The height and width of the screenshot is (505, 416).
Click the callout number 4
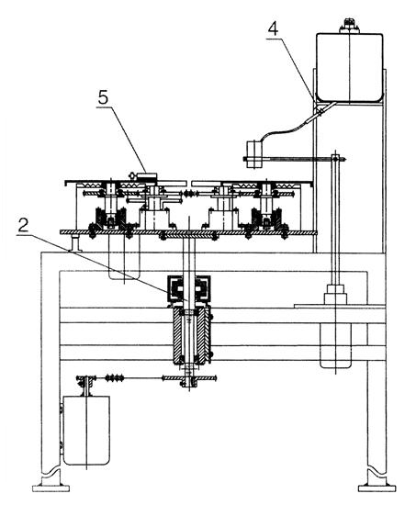coord(273,29)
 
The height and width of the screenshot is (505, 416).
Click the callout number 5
coord(103,97)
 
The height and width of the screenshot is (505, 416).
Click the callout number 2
coord(23,226)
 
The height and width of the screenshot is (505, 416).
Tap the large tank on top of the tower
coord(349,68)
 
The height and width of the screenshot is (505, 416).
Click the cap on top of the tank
coord(349,26)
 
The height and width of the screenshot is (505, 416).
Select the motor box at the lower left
coord(86,431)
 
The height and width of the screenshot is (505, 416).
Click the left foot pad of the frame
coord(51,488)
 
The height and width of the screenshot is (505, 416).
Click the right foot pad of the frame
coord(377,488)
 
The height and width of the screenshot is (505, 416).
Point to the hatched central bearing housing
coord(191,336)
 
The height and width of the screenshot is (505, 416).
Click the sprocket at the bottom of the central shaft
coord(189,378)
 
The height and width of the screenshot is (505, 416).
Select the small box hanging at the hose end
coord(254,154)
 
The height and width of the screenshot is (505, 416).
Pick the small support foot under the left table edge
coord(75,243)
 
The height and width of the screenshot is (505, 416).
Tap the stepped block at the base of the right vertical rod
coord(335,294)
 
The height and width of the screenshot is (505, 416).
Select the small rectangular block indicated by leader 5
coord(147,176)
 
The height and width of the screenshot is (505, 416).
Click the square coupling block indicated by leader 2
coord(188,288)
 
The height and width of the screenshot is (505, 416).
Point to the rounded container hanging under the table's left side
coord(124,257)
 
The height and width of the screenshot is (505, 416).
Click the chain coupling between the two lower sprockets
coord(115,377)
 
